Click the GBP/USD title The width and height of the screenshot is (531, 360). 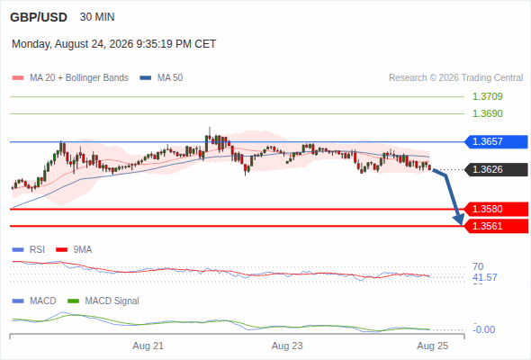tap(39, 17)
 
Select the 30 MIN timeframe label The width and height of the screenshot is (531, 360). tap(97, 17)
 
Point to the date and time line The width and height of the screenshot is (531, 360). tap(113, 44)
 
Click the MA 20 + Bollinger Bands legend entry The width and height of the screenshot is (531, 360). tap(70, 78)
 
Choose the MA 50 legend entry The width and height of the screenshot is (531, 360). tap(161, 78)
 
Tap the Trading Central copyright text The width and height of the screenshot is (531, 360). tap(455, 78)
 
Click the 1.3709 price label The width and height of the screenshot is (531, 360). tap(487, 96)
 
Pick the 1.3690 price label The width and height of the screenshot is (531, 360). tap(487, 113)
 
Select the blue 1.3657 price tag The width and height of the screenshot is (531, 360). tap(496, 141)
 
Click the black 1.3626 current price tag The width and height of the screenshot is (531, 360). tap(496, 169)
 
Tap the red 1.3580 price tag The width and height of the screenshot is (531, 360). tap(496, 209)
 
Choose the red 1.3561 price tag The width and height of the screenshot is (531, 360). tap(496, 226)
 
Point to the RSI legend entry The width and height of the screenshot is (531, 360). tap(29, 250)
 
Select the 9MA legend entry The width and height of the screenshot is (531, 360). tap(74, 250)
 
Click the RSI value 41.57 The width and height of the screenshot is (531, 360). tap(485, 278)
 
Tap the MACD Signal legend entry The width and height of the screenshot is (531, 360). tap(103, 301)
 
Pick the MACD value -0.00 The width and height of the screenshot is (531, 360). tap(484, 329)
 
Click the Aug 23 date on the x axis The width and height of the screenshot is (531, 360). tap(287, 346)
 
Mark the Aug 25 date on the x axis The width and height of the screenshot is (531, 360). tap(433, 346)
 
